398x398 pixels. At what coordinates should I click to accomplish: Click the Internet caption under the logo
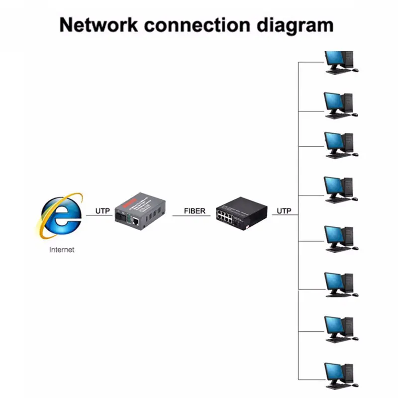coord(62,250)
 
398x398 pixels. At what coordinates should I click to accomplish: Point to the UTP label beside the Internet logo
coord(102,211)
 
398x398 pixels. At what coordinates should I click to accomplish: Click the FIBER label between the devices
coord(195,211)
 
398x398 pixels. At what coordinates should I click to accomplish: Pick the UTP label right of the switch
coord(284,211)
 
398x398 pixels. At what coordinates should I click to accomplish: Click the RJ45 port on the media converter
coord(135,220)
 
